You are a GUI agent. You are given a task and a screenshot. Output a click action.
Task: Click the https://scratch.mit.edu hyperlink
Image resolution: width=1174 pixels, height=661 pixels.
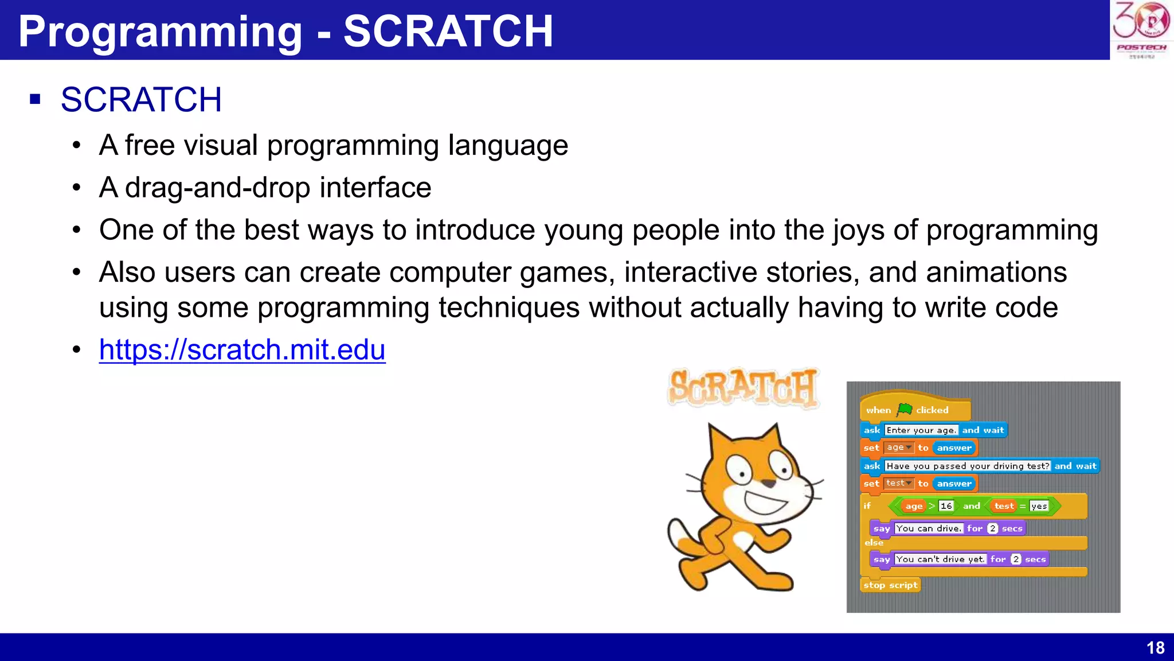(x=242, y=349)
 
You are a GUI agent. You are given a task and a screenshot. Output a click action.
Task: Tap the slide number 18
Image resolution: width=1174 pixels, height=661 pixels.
(x=1155, y=648)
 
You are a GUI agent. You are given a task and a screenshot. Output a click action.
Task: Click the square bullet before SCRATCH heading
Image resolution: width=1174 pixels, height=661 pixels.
(x=36, y=99)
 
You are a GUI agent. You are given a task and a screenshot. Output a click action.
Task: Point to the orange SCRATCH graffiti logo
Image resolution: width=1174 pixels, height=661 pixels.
(x=743, y=388)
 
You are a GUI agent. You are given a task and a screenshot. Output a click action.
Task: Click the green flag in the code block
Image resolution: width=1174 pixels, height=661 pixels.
(x=905, y=409)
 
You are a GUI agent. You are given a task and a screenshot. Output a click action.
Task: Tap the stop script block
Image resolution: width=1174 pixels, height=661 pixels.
(x=890, y=585)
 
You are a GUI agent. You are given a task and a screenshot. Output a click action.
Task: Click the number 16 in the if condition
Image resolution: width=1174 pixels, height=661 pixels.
(x=946, y=506)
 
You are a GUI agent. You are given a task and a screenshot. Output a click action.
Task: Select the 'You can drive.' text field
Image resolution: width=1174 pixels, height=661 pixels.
(x=928, y=528)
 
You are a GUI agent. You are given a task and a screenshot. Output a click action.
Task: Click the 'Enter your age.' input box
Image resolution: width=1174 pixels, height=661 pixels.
(x=921, y=430)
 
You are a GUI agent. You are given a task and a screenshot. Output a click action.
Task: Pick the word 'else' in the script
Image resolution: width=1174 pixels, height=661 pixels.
(x=874, y=542)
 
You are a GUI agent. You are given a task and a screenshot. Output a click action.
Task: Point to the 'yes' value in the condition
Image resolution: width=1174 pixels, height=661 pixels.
(x=1039, y=506)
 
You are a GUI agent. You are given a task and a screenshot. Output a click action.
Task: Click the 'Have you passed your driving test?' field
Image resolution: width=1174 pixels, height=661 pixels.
(x=968, y=466)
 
